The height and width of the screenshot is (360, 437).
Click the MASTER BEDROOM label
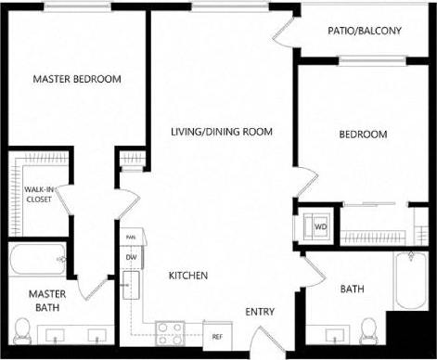pos(77,79)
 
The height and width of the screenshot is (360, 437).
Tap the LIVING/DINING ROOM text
pos(222,132)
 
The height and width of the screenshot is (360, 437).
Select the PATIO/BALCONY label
pos(365,31)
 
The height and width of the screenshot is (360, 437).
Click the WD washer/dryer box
pos(319,225)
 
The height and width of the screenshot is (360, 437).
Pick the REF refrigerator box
pos(217,335)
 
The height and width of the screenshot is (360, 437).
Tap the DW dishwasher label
pos(131,257)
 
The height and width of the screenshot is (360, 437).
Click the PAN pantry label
pos(131,238)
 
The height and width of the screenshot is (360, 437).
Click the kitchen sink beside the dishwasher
pos(133,283)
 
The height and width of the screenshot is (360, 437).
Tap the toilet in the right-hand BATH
pos(369,328)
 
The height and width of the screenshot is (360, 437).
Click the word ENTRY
pos(260,312)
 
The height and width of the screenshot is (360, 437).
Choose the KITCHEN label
pos(187,276)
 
